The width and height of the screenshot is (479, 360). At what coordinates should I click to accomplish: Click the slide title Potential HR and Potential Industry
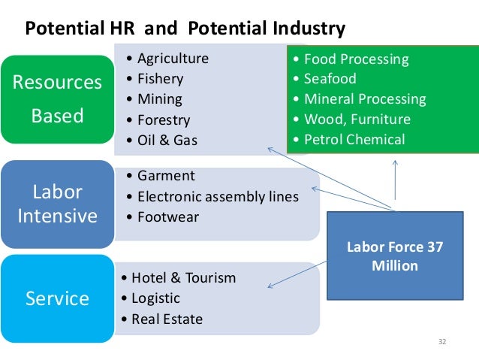pyautogui.click(x=185, y=29)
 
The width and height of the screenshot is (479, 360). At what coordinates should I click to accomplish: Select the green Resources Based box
pyautogui.click(x=57, y=98)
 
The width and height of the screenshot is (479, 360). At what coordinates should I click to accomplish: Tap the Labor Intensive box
pyautogui.click(x=57, y=204)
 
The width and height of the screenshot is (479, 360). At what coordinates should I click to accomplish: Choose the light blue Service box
pyautogui.click(x=57, y=298)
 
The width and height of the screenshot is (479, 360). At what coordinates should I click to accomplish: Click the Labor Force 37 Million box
pyautogui.click(x=394, y=256)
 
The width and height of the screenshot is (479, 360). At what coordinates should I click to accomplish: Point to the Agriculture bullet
pyautogui.click(x=173, y=59)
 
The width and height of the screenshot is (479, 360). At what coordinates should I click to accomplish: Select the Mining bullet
pyautogui.click(x=159, y=99)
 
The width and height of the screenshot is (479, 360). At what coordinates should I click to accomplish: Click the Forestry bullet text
pyautogui.click(x=164, y=119)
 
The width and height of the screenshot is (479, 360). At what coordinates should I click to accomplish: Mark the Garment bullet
pyautogui.click(x=165, y=176)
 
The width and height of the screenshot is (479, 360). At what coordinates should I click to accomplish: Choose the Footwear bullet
pyautogui.click(x=168, y=217)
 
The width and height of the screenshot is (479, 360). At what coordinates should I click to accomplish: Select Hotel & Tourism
pyautogui.click(x=183, y=278)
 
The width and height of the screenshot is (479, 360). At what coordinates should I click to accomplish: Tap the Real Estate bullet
pyautogui.click(x=167, y=319)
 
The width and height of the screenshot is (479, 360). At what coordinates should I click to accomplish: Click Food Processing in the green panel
pyautogui.click(x=356, y=59)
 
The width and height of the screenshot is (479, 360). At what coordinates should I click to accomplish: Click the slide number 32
pyautogui.click(x=442, y=343)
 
